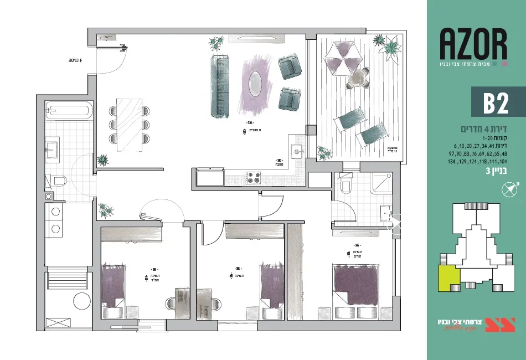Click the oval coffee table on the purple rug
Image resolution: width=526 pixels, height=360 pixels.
255,83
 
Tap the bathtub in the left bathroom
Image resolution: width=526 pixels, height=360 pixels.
68,110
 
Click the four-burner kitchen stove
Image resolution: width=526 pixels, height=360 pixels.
253,177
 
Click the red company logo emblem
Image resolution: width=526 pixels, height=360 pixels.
500,325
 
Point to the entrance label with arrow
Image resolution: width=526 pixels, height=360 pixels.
74,60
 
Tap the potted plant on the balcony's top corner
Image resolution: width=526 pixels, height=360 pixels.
391,47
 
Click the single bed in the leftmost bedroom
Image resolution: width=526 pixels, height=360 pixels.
114,286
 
